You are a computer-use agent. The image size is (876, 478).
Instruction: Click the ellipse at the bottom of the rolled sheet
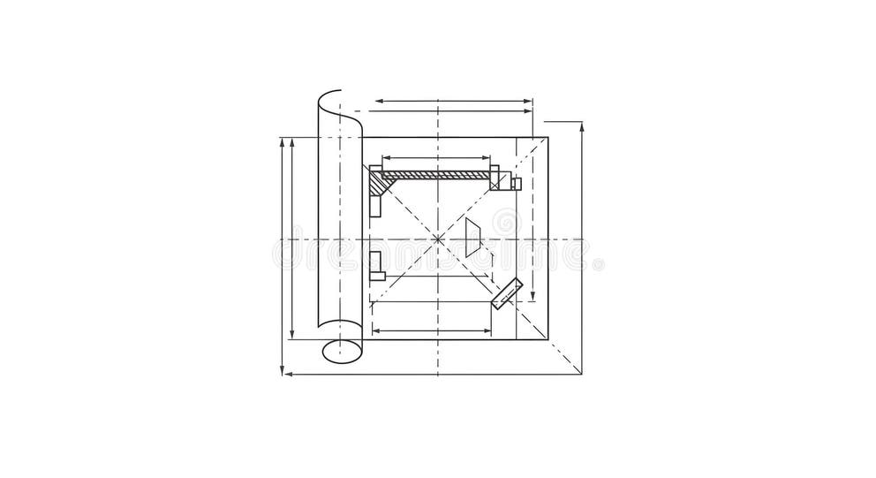[x=342, y=351]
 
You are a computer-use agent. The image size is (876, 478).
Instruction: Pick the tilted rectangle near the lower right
[x=507, y=294]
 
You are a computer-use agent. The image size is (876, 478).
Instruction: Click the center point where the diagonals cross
[x=439, y=238]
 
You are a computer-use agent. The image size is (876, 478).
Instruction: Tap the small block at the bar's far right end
[x=517, y=184]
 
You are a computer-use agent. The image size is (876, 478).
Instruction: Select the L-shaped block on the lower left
[x=377, y=264]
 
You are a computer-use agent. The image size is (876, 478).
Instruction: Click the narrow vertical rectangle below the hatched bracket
[x=376, y=204]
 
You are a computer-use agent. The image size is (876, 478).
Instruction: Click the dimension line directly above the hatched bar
[x=436, y=159]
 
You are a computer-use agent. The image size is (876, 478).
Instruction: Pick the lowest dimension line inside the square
[x=432, y=330]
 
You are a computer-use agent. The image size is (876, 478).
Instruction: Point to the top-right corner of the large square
[x=547, y=137]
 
